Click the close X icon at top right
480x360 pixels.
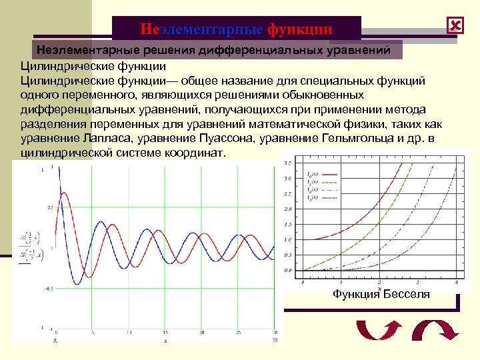(456, 25)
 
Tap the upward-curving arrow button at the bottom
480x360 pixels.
(379, 331)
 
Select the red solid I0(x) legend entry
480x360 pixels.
(323, 175)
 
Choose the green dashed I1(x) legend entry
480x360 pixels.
(323, 182)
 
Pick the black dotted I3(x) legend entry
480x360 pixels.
(323, 198)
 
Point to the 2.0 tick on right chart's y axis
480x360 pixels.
(288, 209)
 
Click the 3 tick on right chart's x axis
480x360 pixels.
(417, 283)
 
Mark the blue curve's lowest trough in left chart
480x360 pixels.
(77, 285)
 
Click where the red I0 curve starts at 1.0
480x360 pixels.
(303, 239)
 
